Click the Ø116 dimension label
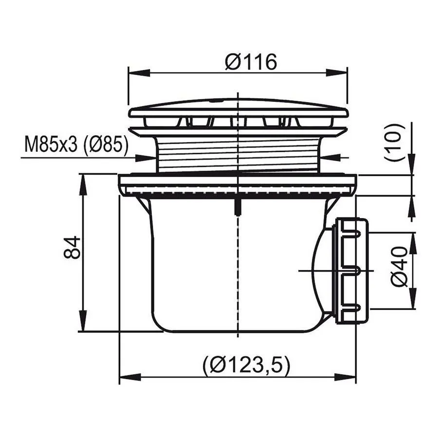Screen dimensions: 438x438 [251, 62]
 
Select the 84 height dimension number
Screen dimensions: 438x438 [72, 248]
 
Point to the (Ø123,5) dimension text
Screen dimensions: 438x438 [247, 366]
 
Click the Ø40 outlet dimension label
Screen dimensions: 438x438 [400, 267]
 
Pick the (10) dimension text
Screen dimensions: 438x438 [395, 143]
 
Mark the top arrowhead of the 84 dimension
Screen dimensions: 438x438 [83, 185]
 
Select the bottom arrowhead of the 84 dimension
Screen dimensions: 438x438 [83, 321]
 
